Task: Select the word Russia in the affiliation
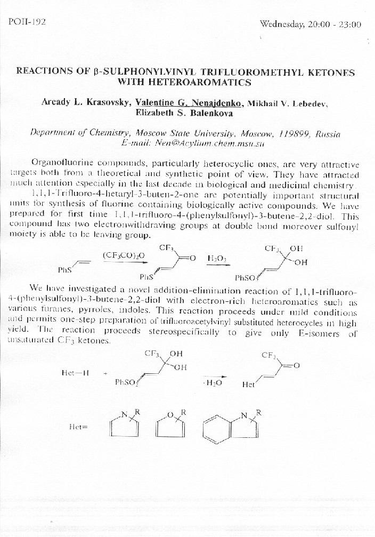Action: (x=328, y=133)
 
